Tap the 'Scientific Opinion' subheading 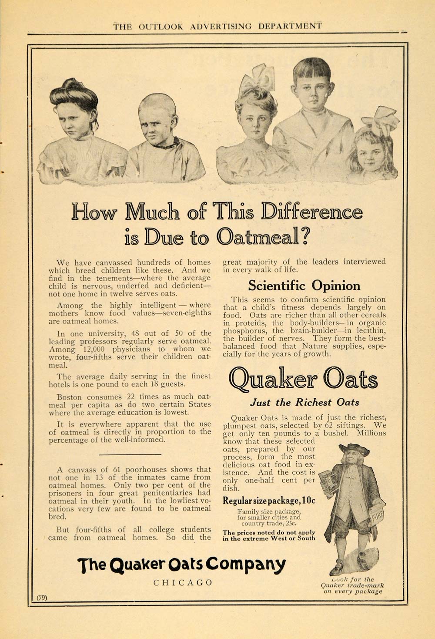[304, 286]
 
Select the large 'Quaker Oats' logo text [303, 379]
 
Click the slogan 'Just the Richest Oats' [304, 402]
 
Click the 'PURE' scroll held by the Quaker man [377, 516]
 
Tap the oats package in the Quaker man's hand [328, 481]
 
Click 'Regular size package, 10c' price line [269, 501]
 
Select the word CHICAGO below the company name [183, 582]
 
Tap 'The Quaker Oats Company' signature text [181, 565]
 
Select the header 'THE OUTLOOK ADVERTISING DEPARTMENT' [217, 27]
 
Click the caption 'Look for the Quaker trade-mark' [352, 585]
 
